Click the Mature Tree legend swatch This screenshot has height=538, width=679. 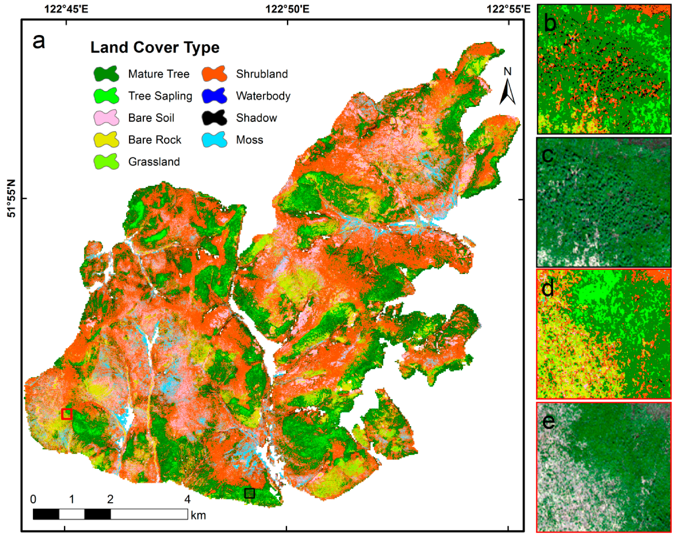point(107,74)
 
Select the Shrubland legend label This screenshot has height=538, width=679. point(262,74)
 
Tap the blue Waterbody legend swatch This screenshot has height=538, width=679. point(214,96)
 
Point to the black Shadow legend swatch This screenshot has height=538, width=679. point(214,118)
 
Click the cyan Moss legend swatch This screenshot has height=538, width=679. point(214,140)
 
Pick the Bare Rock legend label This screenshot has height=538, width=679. point(155,140)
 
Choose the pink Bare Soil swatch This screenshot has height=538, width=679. point(107,118)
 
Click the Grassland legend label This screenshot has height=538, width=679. point(154,162)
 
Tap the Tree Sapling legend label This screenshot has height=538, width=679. point(160,96)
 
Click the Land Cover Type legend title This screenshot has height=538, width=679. point(155,47)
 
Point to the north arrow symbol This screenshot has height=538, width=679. point(507,91)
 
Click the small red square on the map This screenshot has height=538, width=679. point(67,414)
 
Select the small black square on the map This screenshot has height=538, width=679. point(250,493)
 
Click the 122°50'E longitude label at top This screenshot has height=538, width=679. point(287,9)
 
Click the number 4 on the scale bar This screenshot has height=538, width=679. point(187,499)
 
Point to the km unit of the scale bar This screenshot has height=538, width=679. point(198,515)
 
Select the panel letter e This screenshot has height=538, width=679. point(548,421)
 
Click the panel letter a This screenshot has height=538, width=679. point(39,40)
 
